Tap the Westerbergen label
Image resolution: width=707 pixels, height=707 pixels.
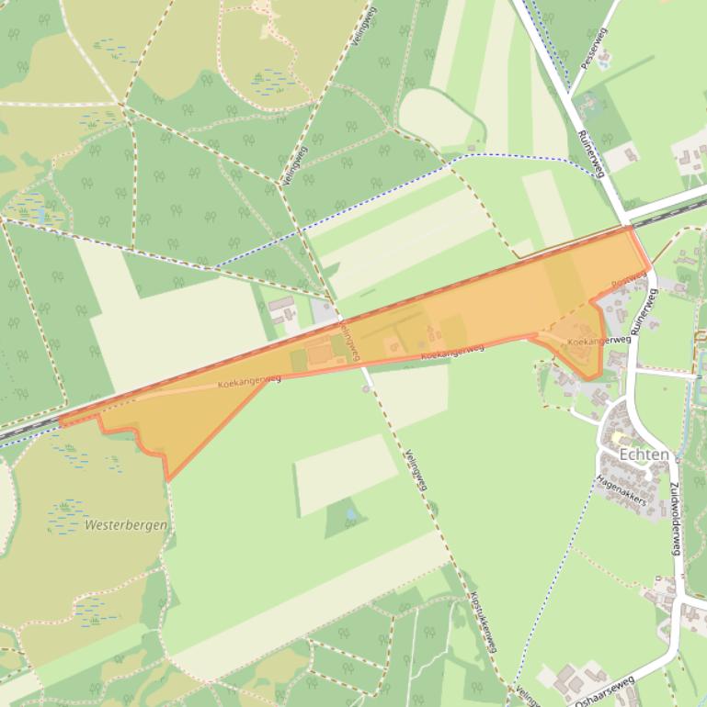126,526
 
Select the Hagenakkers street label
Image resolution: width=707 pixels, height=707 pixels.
621,490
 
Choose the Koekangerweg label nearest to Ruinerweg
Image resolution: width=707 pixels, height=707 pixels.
599,342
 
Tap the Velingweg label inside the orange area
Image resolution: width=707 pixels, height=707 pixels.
348,341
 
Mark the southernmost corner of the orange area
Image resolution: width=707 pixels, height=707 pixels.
168,479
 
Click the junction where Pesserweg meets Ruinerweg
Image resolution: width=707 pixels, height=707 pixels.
571,95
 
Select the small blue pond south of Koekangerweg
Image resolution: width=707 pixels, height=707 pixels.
350,515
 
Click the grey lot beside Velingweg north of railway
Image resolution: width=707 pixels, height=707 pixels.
325,311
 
